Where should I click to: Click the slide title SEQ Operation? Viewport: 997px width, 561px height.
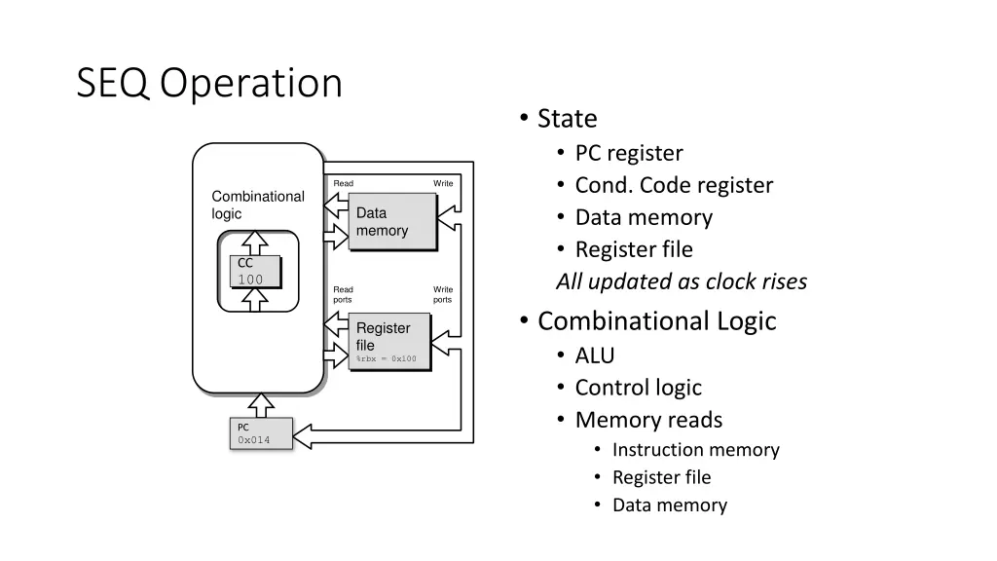click(x=209, y=84)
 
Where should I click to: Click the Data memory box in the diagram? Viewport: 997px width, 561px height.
click(x=392, y=222)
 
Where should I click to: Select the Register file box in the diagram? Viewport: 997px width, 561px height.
click(x=388, y=343)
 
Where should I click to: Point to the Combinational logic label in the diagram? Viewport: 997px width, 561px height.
click(x=258, y=205)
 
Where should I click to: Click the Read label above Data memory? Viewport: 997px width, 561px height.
click(x=343, y=183)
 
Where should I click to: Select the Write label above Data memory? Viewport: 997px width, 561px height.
click(x=443, y=183)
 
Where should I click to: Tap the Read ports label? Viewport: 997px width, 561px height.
click(x=343, y=294)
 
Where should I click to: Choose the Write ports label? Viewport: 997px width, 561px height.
click(x=443, y=294)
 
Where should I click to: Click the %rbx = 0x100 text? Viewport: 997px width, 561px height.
click(x=387, y=359)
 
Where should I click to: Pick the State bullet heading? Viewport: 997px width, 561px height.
click(x=567, y=119)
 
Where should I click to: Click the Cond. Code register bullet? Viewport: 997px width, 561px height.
click(x=674, y=185)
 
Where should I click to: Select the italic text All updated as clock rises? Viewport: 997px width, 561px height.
click(x=682, y=282)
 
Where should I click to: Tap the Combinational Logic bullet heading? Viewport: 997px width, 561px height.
click(x=656, y=321)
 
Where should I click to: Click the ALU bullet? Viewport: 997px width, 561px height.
click(x=595, y=355)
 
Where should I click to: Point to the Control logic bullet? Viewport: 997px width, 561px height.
click(x=638, y=388)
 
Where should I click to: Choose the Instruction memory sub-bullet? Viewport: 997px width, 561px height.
click(x=695, y=450)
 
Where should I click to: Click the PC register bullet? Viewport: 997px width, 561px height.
click(x=629, y=153)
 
